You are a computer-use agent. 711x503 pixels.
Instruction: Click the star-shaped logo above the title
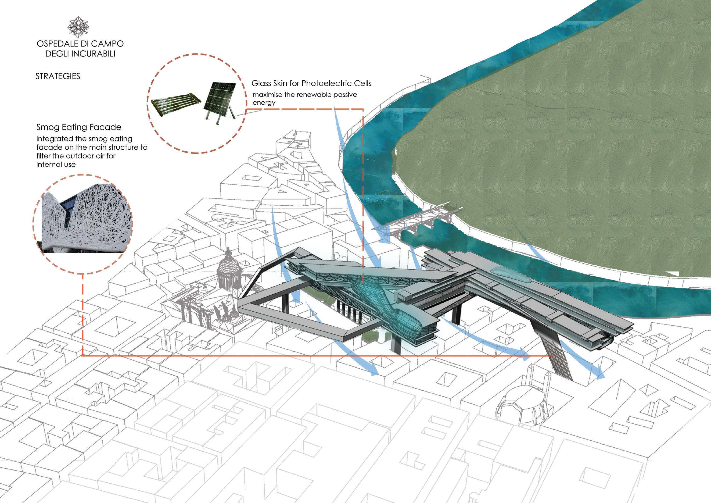point(78,27)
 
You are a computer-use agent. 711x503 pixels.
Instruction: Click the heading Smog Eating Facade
point(79,127)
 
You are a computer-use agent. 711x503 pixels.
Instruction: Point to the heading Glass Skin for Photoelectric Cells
point(311,83)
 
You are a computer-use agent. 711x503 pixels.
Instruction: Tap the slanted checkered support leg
point(554,353)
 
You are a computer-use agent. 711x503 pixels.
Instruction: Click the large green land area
point(557,155)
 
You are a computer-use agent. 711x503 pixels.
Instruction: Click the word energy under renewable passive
point(264,103)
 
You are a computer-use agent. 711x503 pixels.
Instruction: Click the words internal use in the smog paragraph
point(56,165)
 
